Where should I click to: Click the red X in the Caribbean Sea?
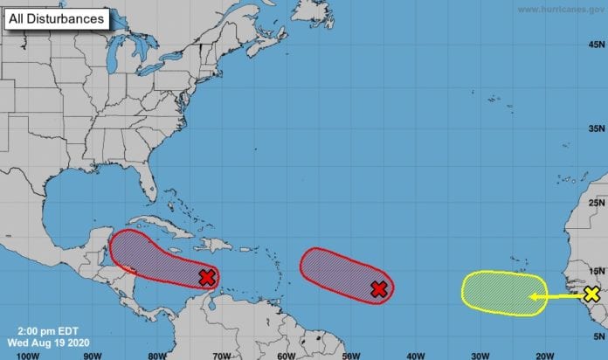[206, 278]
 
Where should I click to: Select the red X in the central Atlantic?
[378, 289]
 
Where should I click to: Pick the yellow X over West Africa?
[592, 294]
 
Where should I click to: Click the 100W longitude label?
[28, 354]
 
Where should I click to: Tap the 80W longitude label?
[157, 354]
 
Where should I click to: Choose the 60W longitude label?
[286, 354]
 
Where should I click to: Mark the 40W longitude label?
[414, 354]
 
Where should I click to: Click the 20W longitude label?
[543, 354]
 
